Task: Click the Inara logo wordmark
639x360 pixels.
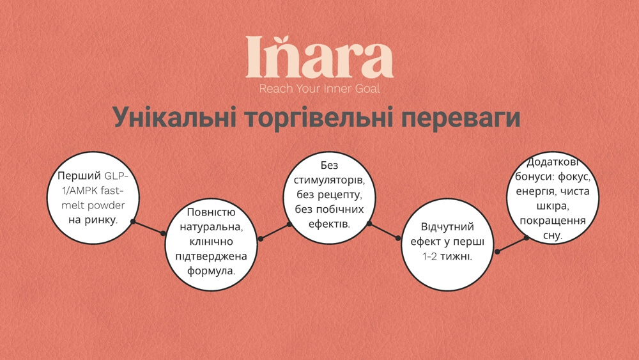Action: point(319,58)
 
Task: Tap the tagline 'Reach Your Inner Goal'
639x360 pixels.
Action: point(319,89)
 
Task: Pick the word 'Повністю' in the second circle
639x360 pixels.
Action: point(211,213)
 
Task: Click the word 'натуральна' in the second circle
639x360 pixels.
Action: point(211,227)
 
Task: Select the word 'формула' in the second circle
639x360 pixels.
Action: point(210,270)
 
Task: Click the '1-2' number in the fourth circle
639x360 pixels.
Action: point(429,256)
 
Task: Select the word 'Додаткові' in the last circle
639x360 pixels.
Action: point(553,162)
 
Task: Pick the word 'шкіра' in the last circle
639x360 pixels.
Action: point(553,206)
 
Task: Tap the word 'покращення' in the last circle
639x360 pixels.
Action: point(553,221)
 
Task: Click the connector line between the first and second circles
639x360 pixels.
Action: point(148,228)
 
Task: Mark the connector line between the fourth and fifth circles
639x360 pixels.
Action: point(512,244)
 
